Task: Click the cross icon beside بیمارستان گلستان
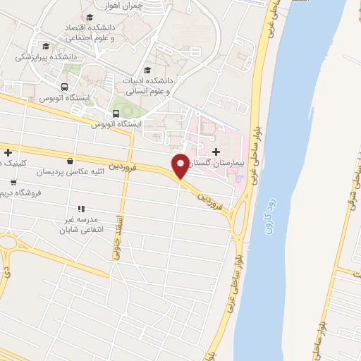point(216,152)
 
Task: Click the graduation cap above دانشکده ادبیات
point(147,70)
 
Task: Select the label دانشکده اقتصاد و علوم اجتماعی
point(90,30)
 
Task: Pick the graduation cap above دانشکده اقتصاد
point(89,17)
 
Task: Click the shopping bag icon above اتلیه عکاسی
point(69,161)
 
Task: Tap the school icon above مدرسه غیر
point(81,209)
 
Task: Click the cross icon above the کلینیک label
point(7,152)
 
